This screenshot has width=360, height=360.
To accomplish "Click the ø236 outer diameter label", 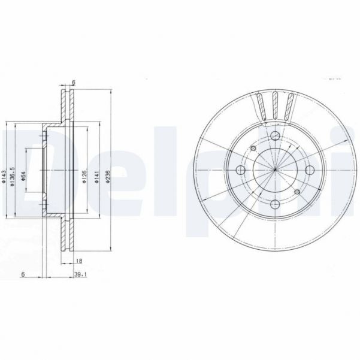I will pos(109,175).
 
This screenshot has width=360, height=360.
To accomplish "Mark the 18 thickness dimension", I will pos(79,261).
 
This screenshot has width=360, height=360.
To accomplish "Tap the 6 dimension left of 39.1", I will pos(22,274).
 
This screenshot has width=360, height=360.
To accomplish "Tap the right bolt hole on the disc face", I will pos(309,170).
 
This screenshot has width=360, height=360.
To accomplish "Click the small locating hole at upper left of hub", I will pos(253,149).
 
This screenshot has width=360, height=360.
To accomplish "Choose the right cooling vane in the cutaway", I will pos(291,108).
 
